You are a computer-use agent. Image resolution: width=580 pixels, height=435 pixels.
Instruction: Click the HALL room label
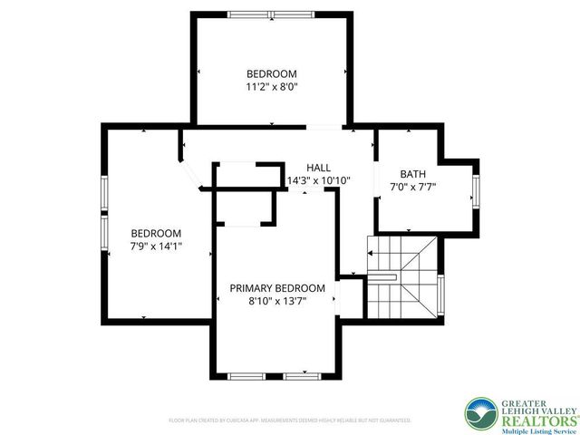pyautogui.click(x=318, y=168)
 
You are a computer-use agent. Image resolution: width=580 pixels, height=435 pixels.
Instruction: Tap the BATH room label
pyautogui.click(x=413, y=174)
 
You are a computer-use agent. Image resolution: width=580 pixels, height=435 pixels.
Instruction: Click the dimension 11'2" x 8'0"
pyautogui.click(x=272, y=87)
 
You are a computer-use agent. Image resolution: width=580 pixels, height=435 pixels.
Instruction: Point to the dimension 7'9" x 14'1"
pyautogui.click(x=156, y=246)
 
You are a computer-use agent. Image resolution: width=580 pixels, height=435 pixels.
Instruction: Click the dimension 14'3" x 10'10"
pyautogui.click(x=318, y=180)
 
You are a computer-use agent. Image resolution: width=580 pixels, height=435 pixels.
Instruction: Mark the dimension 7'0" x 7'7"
pyautogui.click(x=413, y=188)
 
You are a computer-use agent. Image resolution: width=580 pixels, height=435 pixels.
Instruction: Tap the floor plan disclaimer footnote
pyautogui.click(x=290, y=420)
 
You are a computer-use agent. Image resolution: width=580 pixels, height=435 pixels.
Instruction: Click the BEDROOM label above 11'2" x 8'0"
pyautogui.click(x=272, y=73)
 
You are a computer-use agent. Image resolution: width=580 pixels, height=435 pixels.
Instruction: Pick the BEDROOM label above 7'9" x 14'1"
pyautogui.click(x=156, y=233)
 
